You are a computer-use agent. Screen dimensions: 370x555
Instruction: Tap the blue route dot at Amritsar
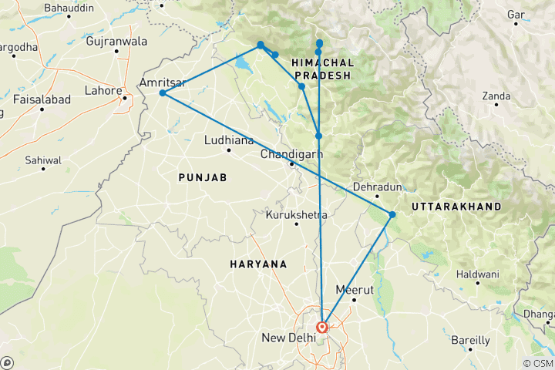[162, 93]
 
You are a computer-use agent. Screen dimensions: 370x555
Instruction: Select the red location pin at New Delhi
[323, 327]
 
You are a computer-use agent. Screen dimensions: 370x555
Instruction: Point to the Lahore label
[103, 91]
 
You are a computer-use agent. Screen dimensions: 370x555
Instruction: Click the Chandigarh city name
[291, 154]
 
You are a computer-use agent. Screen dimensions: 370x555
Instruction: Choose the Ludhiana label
[229, 141]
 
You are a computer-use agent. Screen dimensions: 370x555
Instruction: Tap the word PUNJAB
[202, 177]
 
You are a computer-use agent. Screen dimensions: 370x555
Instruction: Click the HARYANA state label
[258, 264]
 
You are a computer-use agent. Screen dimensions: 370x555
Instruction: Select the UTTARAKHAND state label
[456, 207]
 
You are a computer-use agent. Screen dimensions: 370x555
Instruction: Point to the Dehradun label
[378, 187]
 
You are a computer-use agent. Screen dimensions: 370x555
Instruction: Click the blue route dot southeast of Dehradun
[392, 214]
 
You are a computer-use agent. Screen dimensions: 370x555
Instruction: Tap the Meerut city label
[354, 290]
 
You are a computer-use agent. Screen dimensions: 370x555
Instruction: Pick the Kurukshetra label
[296, 214]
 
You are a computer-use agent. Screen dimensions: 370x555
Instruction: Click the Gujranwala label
[116, 41]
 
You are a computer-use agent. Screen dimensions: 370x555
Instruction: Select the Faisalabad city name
[42, 99]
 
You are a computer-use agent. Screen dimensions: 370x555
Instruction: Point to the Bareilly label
[470, 340]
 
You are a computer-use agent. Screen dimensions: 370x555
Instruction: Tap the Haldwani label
[477, 274]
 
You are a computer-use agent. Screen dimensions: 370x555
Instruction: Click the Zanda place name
[496, 96]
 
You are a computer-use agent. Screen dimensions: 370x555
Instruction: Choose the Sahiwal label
[42, 160]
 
